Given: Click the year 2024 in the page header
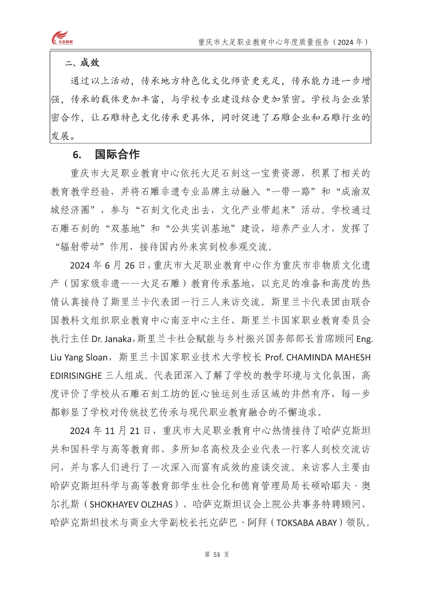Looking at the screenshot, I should [345, 42].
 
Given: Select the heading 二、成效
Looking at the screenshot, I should [82, 63].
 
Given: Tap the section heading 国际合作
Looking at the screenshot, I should [117, 154].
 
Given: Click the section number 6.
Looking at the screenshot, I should [77, 155].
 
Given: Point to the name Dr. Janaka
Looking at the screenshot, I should [112, 339].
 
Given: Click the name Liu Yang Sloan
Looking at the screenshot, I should [79, 357].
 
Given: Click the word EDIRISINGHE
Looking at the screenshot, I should [76, 376].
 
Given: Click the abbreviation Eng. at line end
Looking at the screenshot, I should [365, 339].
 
